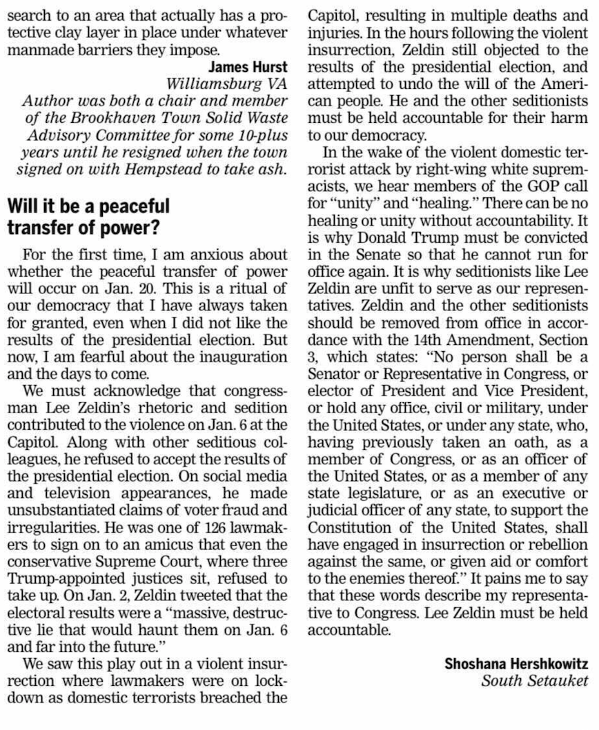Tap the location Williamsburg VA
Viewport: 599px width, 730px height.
pyautogui.click(x=227, y=84)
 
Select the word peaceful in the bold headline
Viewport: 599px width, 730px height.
pyautogui.click(x=136, y=206)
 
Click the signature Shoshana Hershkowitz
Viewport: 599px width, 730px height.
pyautogui.click(x=516, y=664)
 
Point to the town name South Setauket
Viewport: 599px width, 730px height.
pyautogui.click(x=535, y=681)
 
